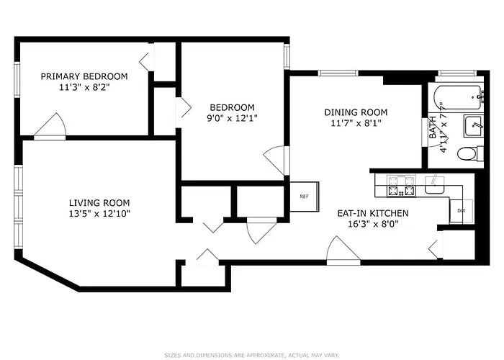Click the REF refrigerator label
coord(304,197)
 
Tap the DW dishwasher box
coord(462,211)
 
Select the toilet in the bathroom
coord(470,153)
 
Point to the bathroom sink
coord(473,126)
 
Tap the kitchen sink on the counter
coord(435,185)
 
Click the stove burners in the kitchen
coord(401,186)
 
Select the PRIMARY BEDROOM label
coord(84,76)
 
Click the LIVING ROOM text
coord(99,203)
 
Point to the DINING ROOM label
coord(356,112)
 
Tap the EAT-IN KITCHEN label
coord(373,213)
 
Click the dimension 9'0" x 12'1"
coord(232,118)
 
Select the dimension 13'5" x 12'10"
coord(99,213)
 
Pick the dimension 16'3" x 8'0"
coord(373,224)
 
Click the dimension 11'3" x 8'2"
coord(84,87)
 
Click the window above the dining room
coord(338,73)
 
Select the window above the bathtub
coord(458,73)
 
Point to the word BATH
coord(433,127)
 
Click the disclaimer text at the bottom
coord(252,355)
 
